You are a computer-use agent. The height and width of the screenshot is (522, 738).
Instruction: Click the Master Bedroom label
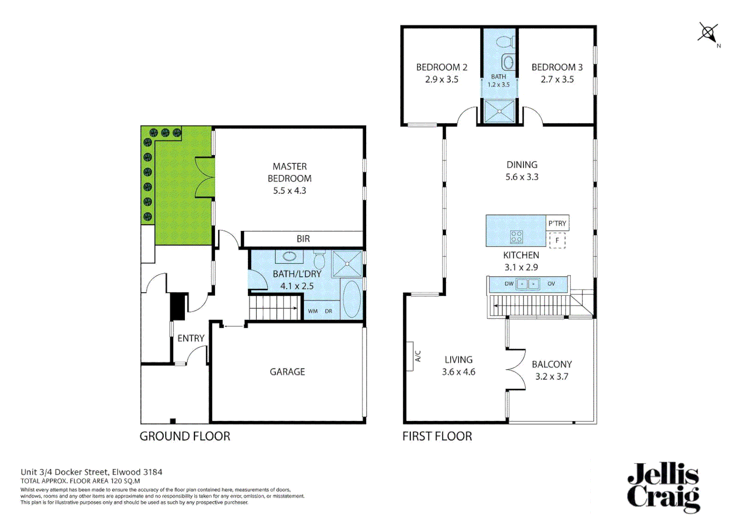[289, 173]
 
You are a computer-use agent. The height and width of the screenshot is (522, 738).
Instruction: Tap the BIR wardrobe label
[303, 239]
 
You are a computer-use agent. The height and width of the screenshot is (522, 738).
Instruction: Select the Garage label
[287, 372]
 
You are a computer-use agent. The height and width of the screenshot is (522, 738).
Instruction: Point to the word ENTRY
[191, 338]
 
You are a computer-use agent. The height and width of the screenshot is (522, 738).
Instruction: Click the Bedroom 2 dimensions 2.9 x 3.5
[441, 80]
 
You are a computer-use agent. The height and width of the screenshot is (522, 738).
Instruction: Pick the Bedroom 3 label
[557, 67]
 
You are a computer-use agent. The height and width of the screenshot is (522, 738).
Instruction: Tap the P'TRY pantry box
[557, 223]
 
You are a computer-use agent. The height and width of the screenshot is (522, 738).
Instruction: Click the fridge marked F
[557, 240]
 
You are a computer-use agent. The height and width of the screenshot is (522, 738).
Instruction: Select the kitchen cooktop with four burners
[516, 236]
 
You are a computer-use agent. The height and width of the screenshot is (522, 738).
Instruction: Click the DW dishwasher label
[509, 284]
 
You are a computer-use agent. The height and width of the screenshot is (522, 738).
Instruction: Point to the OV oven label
[551, 284]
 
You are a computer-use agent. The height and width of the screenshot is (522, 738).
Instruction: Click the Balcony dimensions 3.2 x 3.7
[552, 377]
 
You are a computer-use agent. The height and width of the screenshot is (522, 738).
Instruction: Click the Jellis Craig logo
[663, 487]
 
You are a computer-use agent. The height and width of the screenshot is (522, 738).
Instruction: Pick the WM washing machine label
[313, 311]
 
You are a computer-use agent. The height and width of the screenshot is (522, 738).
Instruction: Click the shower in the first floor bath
[499, 111]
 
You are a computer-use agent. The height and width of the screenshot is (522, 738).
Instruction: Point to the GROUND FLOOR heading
[185, 436]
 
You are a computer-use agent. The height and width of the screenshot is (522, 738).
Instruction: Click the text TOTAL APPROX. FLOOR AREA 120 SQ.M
[80, 481]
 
